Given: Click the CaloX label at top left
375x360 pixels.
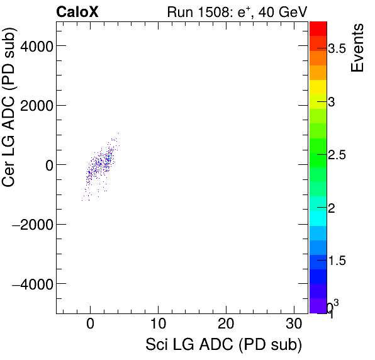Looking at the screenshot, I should (x=77, y=11).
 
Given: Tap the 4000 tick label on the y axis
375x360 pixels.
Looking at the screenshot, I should (x=35, y=46).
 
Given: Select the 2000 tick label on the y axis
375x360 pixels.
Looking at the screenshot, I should (x=35, y=105).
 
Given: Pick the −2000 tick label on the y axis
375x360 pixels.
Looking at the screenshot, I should (x=31, y=225).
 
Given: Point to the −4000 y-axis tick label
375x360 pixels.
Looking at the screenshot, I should (x=31, y=284).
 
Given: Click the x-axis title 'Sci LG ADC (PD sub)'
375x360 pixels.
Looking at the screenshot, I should (x=223, y=345).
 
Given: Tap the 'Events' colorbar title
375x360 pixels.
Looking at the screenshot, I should (x=358, y=48).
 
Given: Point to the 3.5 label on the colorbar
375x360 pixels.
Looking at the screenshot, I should (x=340, y=50).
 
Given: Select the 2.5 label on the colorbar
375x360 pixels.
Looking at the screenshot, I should (x=340, y=155).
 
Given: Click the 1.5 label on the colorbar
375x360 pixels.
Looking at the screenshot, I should (x=340, y=261).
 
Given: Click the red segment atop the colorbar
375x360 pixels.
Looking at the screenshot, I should (x=318, y=28).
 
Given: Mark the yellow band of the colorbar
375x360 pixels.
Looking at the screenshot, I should (x=318, y=87).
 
